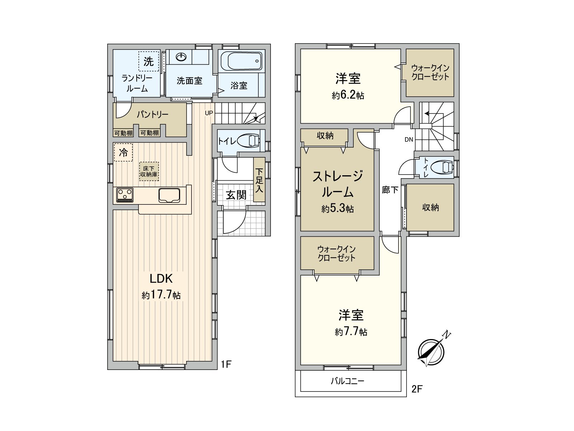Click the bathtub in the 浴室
click(241, 61)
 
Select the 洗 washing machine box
click(149, 61)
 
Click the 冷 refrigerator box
click(123, 152)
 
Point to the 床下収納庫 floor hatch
click(149, 171)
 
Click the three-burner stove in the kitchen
click(125, 195)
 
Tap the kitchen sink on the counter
click(170, 195)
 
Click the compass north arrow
click(432, 351)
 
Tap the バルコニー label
click(347, 381)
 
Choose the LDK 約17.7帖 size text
click(161, 295)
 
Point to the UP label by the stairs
click(209, 113)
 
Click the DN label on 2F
click(409, 140)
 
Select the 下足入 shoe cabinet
click(259, 180)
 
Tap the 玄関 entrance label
click(236, 195)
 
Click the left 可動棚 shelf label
click(123, 133)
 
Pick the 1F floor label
click(226, 365)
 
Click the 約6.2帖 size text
click(348, 95)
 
